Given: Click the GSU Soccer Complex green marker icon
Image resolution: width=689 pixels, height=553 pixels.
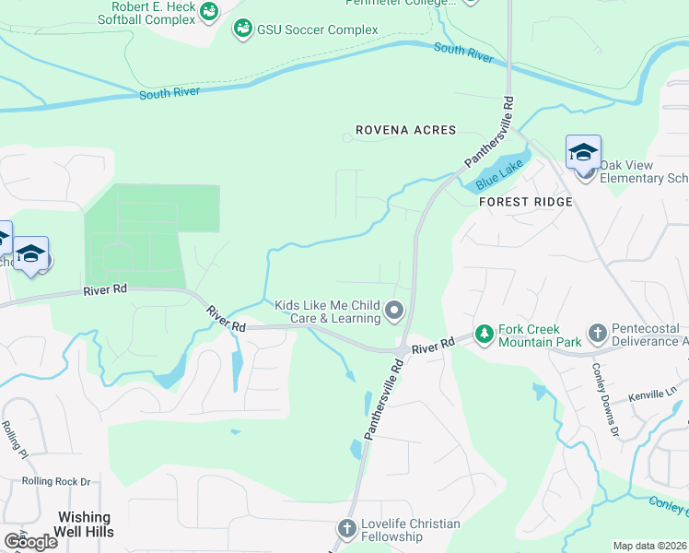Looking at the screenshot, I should click(x=243, y=29).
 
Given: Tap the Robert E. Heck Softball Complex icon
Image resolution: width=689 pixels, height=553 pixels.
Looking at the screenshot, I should click(x=210, y=11).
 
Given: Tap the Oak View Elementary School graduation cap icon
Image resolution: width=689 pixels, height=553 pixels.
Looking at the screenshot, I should click(x=583, y=152).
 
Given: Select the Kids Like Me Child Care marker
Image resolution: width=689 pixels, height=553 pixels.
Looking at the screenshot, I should click(x=394, y=311).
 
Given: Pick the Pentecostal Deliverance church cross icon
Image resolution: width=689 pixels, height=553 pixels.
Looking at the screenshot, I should click(x=597, y=332).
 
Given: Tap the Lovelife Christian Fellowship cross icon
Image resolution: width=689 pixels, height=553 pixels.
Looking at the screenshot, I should click(x=346, y=529).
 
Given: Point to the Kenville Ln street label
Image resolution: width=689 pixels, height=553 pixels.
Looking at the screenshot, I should click(x=652, y=395).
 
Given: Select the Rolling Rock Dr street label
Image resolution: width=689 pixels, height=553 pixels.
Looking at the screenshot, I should click(x=57, y=481).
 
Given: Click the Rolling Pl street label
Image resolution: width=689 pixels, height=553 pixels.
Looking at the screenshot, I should click(x=17, y=438).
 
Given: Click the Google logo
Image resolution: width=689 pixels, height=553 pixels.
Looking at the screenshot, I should click(x=30, y=541).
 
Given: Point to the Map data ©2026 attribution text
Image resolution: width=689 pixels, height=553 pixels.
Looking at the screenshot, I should click(x=650, y=546).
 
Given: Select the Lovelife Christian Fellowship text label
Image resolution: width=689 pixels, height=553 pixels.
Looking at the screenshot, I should click(x=410, y=530).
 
